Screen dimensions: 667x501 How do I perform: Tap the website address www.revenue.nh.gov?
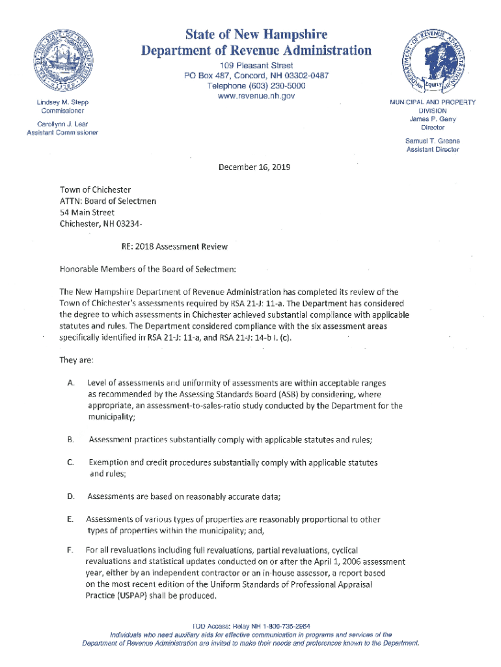click(256, 96)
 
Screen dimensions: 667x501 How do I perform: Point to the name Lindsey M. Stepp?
click(63, 103)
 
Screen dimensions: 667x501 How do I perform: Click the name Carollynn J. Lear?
click(62, 124)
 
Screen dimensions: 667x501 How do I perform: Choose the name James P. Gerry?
click(433, 119)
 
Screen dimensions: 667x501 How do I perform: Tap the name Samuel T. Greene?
click(433, 141)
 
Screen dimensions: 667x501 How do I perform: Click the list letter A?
click(70, 382)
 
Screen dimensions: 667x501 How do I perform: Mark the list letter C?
click(70, 462)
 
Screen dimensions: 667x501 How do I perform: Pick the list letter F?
click(70, 550)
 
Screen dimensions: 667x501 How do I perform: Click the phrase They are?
click(77, 360)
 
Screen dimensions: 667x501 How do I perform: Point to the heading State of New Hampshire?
click(255, 34)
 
